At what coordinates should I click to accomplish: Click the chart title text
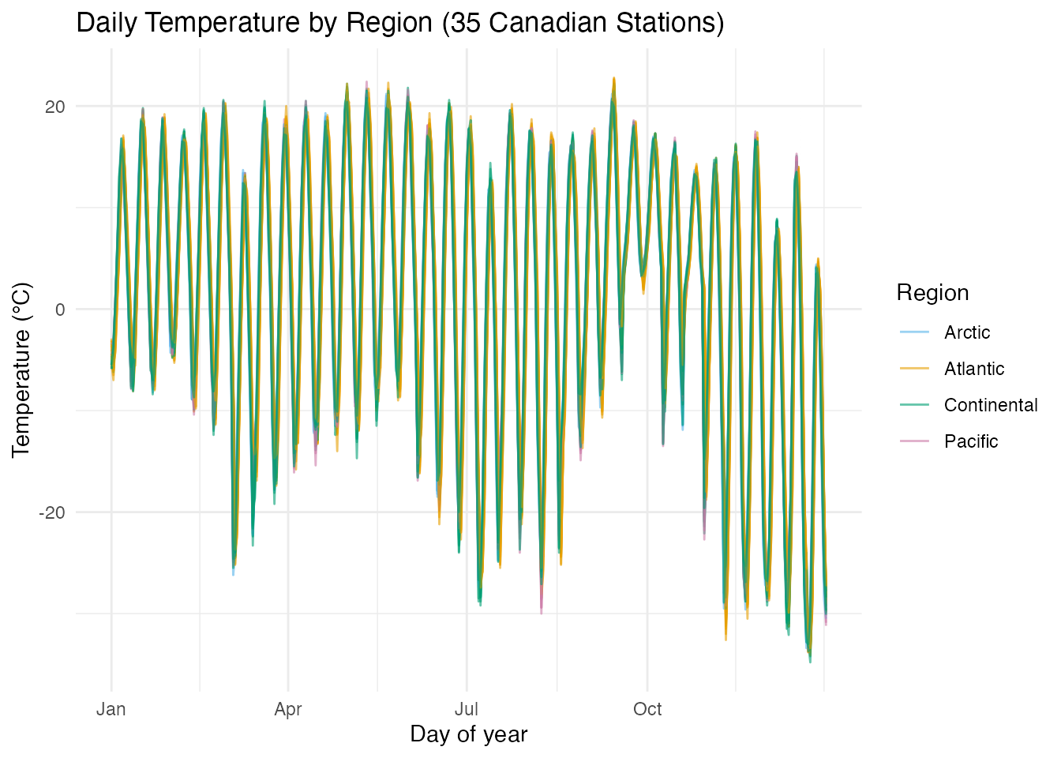point(399,23)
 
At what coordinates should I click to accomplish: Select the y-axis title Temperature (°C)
point(21,370)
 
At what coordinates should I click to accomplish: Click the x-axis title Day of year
point(468,734)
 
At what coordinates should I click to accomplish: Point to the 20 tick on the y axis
point(54,107)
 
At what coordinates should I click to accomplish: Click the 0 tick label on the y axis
point(60,310)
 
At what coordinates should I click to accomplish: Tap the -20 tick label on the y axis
point(52,512)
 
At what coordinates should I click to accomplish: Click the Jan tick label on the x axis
point(111,709)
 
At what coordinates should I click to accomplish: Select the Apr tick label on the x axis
point(288,709)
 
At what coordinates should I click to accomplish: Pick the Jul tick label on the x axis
point(467,709)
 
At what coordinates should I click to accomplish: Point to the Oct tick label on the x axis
point(647,709)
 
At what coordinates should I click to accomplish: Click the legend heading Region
point(932,293)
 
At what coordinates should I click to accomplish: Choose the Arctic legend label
point(966,332)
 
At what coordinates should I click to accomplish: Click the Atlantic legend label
point(973,369)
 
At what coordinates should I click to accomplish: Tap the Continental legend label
point(990,405)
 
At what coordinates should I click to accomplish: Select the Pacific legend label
point(970,441)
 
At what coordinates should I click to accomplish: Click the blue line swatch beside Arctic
point(914,332)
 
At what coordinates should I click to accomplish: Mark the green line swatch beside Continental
point(914,405)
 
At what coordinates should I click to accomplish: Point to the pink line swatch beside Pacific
point(914,441)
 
